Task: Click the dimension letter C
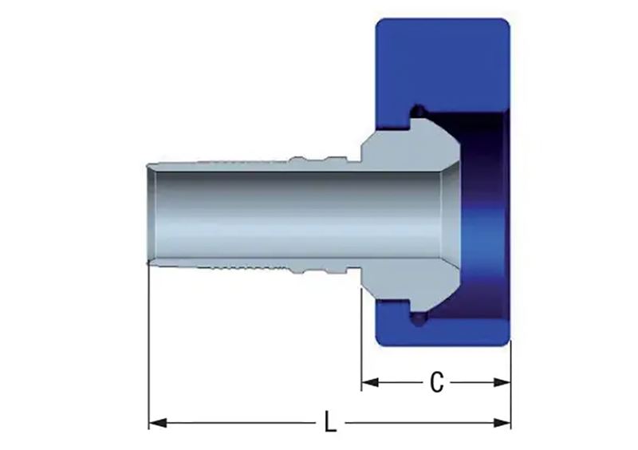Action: [436, 383]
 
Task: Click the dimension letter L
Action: [330, 422]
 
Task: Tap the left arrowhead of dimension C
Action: [370, 382]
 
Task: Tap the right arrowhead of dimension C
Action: [502, 382]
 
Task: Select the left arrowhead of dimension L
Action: [157, 422]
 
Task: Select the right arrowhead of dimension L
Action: [502, 422]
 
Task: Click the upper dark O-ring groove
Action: [417, 111]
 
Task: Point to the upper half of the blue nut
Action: [443, 65]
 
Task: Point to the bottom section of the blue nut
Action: [443, 330]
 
